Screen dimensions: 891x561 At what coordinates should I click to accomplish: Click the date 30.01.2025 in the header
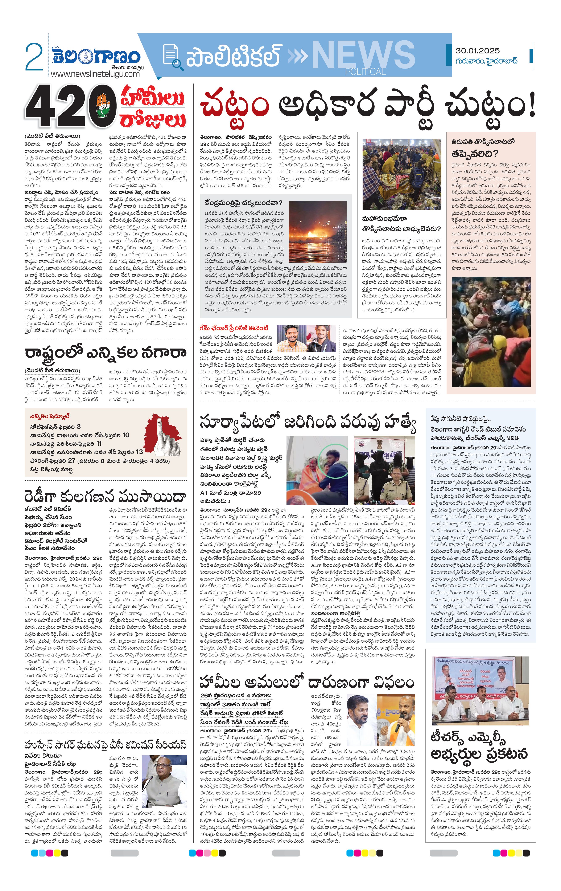click(477, 51)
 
